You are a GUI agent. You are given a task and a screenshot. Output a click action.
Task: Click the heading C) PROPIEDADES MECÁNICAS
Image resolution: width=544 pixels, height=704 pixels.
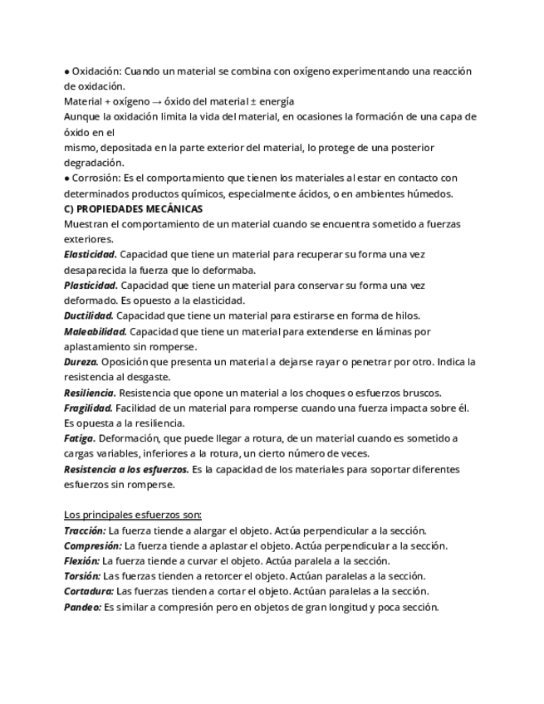point(133,209)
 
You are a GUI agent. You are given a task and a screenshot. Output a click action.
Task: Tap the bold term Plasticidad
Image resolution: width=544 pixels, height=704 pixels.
point(90,285)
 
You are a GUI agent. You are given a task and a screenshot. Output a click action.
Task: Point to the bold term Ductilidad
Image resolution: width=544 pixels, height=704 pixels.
point(88,315)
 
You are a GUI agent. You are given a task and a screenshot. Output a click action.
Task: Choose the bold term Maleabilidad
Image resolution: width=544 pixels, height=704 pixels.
point(95,331)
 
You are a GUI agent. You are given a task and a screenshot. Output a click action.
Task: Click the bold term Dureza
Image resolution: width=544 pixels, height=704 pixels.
point(81,362)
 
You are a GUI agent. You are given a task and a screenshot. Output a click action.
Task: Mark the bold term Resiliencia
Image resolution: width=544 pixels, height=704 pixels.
point(89,393)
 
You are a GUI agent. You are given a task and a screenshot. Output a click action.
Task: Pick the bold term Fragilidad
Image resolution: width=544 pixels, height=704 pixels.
point(87,408)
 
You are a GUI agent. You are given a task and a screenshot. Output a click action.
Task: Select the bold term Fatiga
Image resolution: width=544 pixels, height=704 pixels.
point(79,438)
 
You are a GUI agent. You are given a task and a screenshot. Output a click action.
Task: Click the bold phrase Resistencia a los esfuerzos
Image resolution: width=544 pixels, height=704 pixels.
point(125,469)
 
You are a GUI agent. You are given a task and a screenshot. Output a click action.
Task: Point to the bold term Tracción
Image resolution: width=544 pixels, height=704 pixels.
point(85,530)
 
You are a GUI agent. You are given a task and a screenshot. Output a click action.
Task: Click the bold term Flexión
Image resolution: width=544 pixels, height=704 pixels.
point(81,560)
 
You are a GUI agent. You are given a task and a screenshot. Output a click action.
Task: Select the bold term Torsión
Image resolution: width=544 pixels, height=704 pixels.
point(82,575)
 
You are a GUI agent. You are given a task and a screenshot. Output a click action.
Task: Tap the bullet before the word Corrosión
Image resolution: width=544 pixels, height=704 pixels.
point(66,178)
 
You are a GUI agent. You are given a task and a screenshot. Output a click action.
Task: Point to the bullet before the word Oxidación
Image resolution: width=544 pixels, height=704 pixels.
point(66,71)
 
